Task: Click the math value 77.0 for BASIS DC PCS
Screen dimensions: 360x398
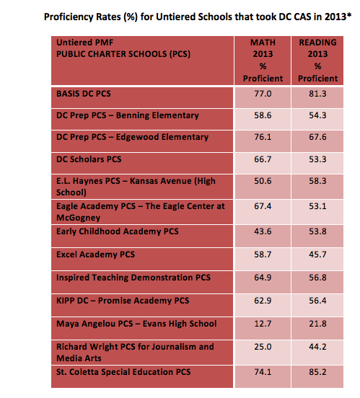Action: (x=263, y=94)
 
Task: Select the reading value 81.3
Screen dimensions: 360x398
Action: (x=317, y=94)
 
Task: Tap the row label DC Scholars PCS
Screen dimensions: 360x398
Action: (x=89, y=159)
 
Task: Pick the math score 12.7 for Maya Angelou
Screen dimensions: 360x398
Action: (x=263, y=324)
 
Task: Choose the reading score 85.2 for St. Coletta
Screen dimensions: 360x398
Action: (x=317, y=372)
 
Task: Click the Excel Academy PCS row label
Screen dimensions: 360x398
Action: (x=95, y=255)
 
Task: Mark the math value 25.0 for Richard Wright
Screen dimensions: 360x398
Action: (x=263, y=347)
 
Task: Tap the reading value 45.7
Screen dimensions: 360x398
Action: (x=317, y=255)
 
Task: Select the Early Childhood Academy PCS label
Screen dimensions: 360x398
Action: (x=118, y=231)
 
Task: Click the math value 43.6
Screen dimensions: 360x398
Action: (x=263, y=231)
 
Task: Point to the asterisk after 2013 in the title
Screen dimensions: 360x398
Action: (x=349, y=14)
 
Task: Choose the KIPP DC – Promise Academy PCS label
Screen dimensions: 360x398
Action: (x=123, y=301)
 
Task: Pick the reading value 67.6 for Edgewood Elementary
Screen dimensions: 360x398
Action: (x=317, y=137)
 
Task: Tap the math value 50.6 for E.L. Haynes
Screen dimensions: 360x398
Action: (x=263, y=181)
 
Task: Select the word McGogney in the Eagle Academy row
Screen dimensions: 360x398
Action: (x=78, y=218)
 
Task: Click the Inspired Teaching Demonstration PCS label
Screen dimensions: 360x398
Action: (x=133, y=278)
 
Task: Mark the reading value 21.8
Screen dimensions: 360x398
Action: (x=317, y=324)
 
